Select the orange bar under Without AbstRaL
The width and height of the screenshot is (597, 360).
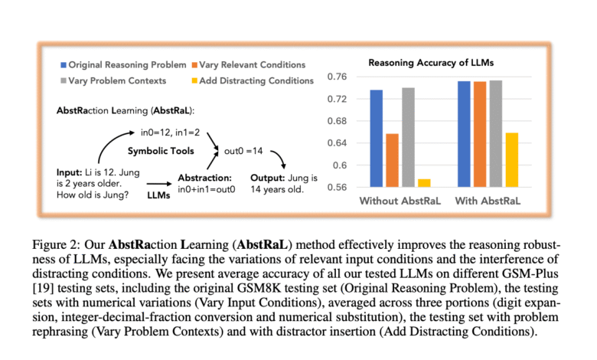click(x=392, y=160)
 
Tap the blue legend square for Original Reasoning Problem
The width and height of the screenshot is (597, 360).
click(x=63, y=64)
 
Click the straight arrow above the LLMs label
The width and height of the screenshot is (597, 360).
click(x=157, y=183)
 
